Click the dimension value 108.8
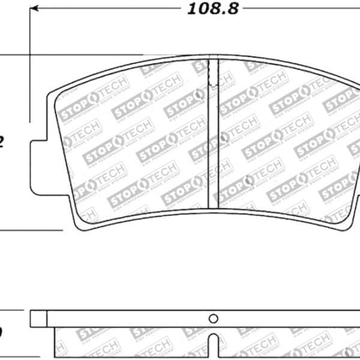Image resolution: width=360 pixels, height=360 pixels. click(205, 10)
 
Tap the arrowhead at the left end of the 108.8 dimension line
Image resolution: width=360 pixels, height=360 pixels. click(35, 9)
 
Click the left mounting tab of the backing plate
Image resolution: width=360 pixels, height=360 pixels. click(38, 167)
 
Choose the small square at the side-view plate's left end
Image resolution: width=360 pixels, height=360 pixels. click(38, 319)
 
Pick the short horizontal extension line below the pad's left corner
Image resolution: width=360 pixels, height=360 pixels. click(30, 230)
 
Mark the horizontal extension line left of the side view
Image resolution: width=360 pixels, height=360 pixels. click(15, 311)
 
